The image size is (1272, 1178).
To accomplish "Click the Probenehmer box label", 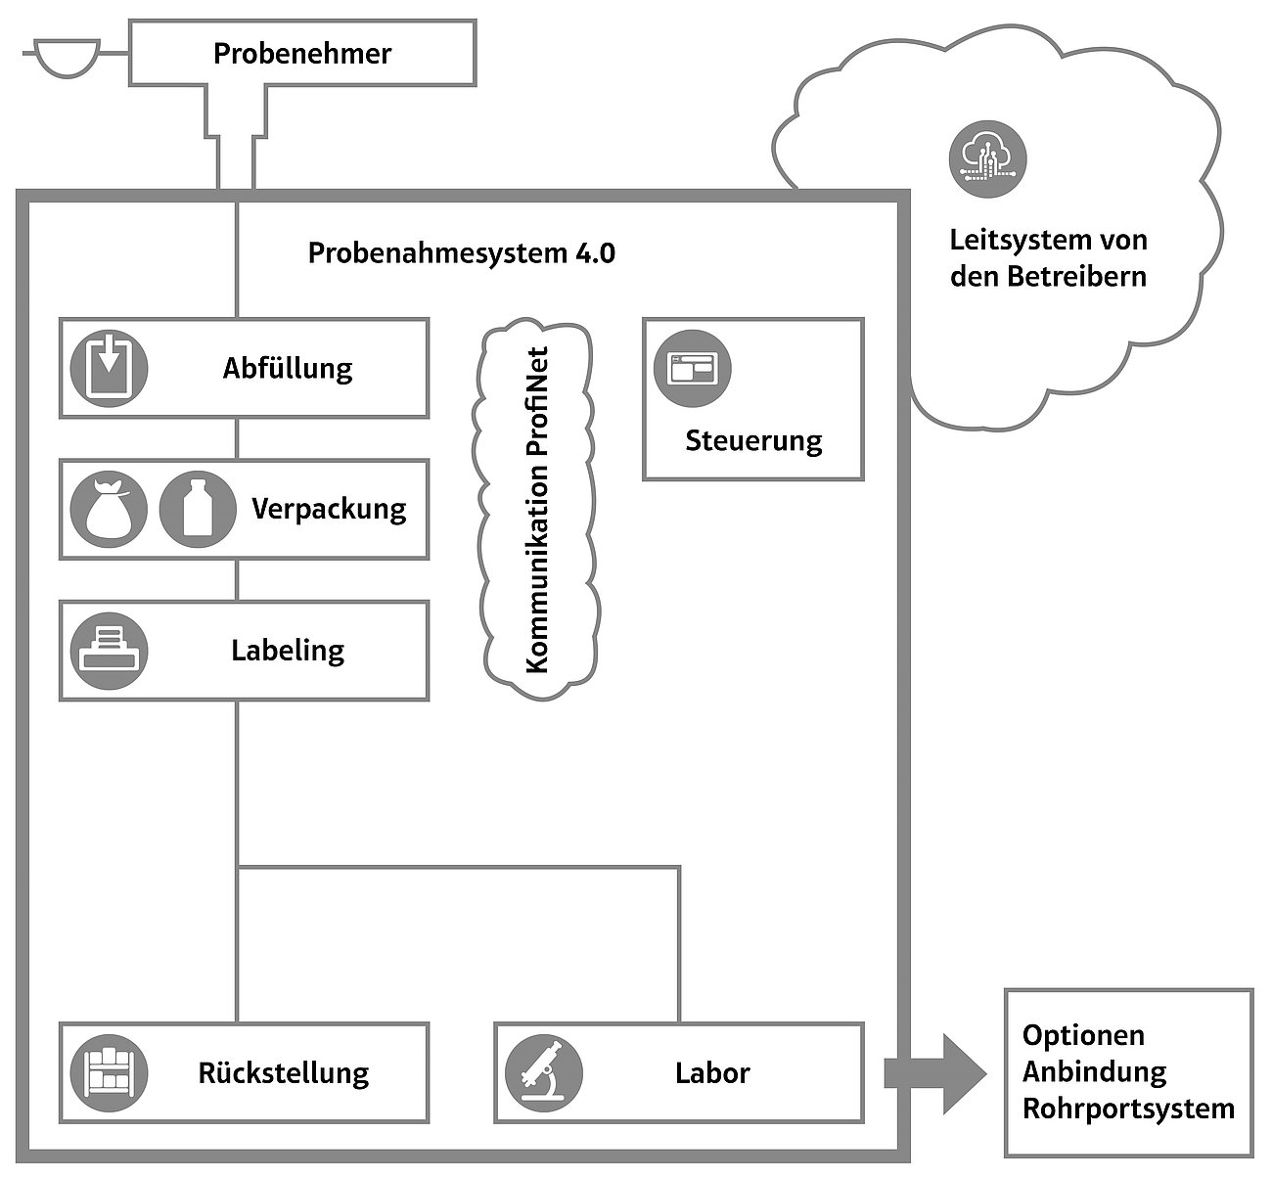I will coord(301,53).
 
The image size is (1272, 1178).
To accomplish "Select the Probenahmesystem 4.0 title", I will coord(461,253).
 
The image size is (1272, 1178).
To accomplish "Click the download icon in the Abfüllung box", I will coord(109,368).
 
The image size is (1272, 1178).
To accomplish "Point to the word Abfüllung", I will coord(287,369).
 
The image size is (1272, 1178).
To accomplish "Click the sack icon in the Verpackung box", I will coord(109,509).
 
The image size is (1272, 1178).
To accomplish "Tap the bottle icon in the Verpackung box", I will coord(198,509).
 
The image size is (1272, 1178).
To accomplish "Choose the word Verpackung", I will coord(329,509).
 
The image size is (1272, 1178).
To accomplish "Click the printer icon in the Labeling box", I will coord(109,651).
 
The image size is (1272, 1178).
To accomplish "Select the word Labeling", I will coord(288,651).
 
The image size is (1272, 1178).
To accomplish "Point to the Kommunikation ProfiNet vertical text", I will coord(537,509).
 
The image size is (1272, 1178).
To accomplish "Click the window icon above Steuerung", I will coord(692,368).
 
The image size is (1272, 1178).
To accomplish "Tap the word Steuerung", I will coord(753,440).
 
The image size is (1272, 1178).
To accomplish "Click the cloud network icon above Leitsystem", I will coord(988,156).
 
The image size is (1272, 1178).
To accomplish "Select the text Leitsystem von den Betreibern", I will coord(1048,257).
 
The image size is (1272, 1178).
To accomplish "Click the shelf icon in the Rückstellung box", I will coord(109,1072).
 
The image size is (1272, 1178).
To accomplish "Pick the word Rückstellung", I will coord(284,1073).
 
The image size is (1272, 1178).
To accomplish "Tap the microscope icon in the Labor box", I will coord(544,1072).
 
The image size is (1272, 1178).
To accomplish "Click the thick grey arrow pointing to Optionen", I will coord(934,1073).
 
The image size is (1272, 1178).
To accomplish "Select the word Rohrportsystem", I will coord(1128,1110).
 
